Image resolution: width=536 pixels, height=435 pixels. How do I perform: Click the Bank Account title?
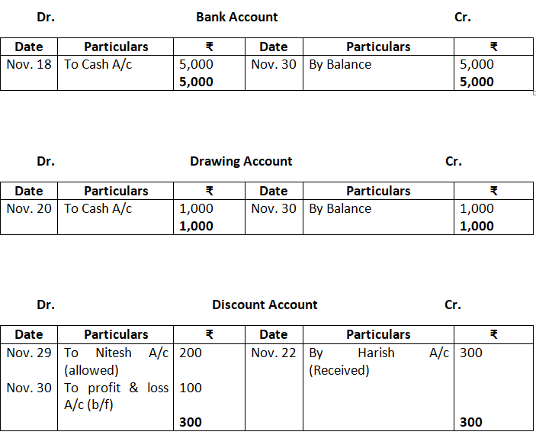(236, 17)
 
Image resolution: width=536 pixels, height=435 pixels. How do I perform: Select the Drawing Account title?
(241, 161)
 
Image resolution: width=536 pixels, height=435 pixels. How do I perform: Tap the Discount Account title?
(265, 304)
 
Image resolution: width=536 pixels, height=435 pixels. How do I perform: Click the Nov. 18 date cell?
(29, 64)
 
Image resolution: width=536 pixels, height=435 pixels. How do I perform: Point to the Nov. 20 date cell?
(29, 208)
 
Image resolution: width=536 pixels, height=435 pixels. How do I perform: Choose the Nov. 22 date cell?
(273, 353)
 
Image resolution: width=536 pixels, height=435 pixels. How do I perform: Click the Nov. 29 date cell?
(29, 353)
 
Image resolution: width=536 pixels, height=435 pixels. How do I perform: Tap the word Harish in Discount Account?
(376, 353)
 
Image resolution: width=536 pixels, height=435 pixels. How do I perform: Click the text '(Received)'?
(339, 370)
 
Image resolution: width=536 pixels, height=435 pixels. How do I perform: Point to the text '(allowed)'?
(91, 370)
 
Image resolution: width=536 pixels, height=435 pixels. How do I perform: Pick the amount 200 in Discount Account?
(191, 353)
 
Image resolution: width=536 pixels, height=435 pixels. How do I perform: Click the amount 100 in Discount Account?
(191, 388)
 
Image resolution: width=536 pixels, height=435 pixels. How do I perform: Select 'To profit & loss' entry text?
(116, 388)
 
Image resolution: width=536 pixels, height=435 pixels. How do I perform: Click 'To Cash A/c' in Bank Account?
(98, 64)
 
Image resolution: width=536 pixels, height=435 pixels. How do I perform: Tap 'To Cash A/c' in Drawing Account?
(98, 208)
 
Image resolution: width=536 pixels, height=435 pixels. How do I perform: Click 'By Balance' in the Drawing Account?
(340, 208)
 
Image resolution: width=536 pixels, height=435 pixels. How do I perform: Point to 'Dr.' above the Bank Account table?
(45, 17)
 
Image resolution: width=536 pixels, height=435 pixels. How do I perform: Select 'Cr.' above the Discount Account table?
(453, 304)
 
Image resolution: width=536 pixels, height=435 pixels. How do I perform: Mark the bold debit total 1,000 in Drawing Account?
(196, 226)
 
